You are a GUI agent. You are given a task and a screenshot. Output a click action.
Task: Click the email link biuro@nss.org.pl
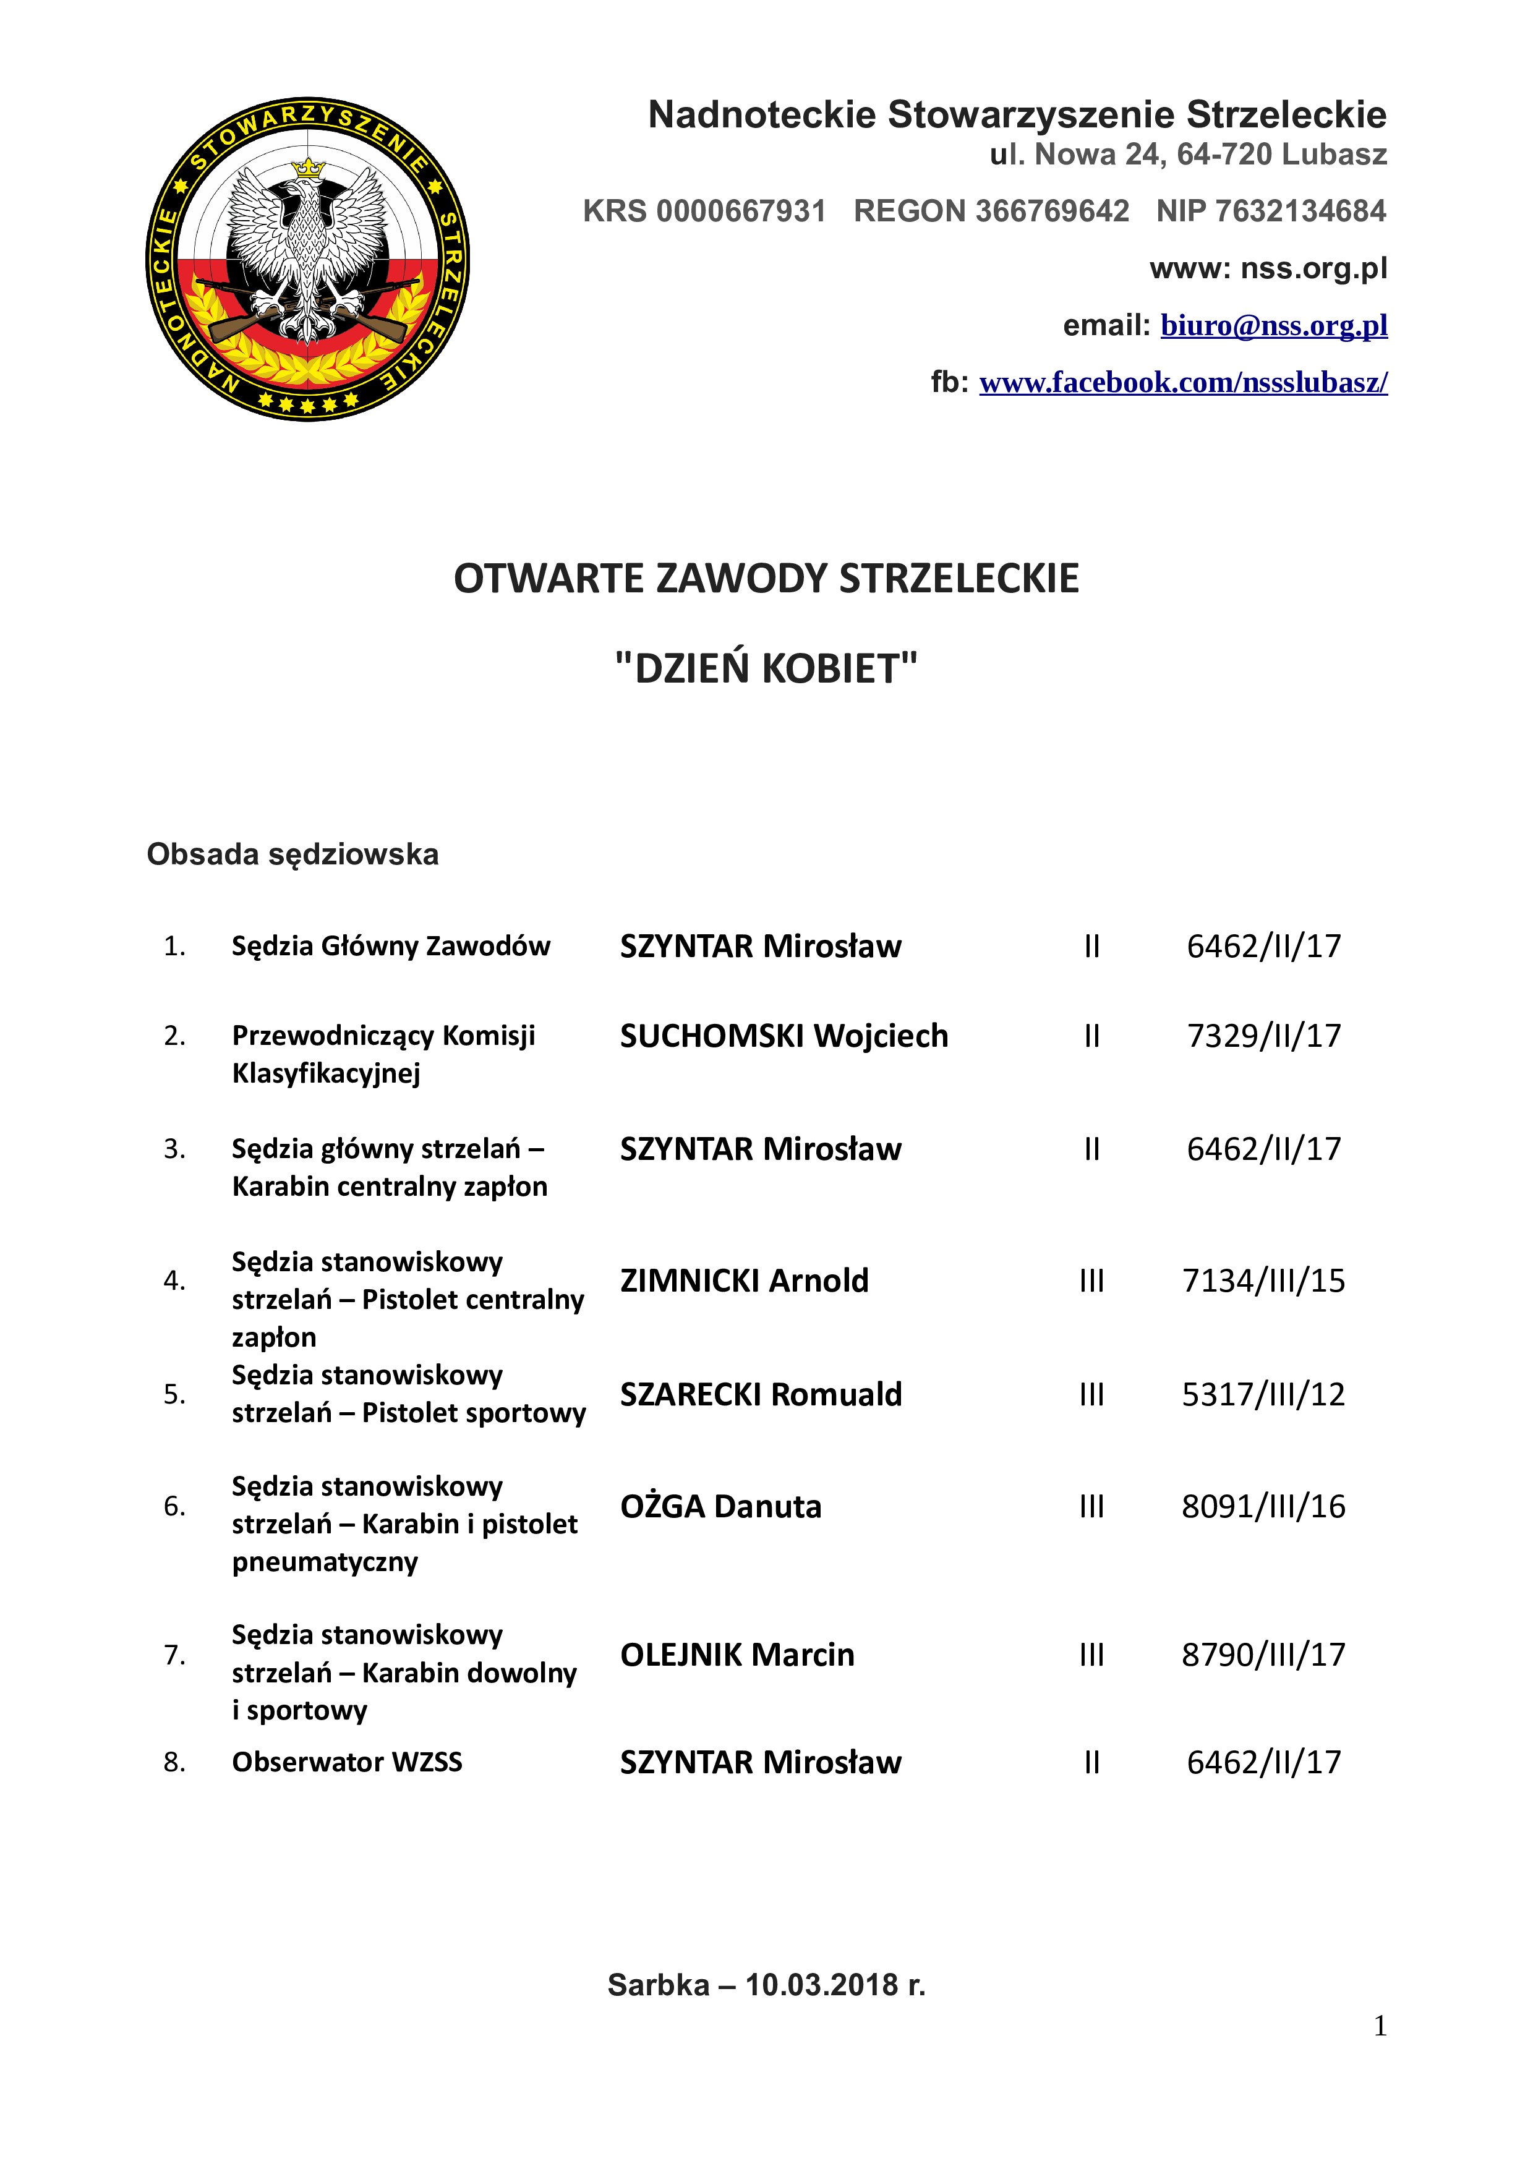[x=1273, y=325]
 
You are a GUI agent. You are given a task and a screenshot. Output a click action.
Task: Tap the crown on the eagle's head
[x=308, y=168]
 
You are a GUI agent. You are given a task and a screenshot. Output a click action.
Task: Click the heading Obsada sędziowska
[x=293, y=854]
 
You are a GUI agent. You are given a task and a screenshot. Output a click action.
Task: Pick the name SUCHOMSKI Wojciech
[x=784, y=1036]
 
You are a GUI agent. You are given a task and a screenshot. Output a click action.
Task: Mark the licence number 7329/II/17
[x=1264, y=1036]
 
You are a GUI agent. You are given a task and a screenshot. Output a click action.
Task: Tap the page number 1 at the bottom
[x=1380, y=2026]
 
